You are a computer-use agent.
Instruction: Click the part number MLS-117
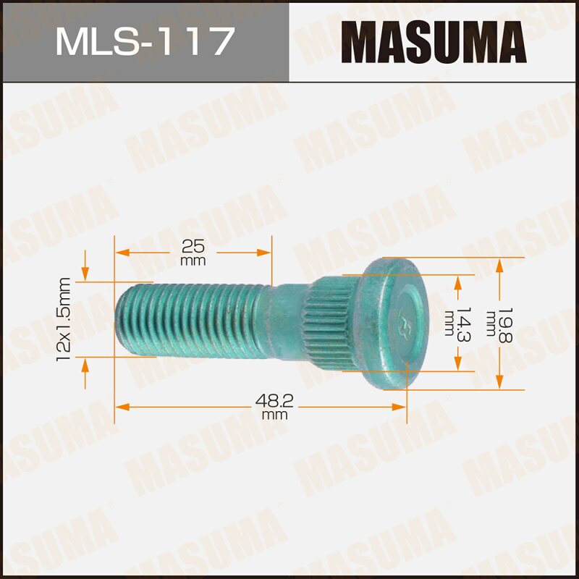pyautogui.click(x=145, y=41)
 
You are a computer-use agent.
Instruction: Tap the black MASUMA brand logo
pyautogui.click(x=434, y=41)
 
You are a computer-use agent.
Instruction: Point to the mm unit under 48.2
pyautogui.click(x=275, y=416)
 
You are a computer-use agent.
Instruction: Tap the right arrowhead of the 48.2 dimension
pyautogui.click(x=400, y=407)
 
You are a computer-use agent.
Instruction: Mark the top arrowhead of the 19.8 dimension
pyautogui.click(x=499, y=263)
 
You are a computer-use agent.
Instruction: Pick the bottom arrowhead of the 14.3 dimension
pyautogui.click(x=457, y=365)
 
